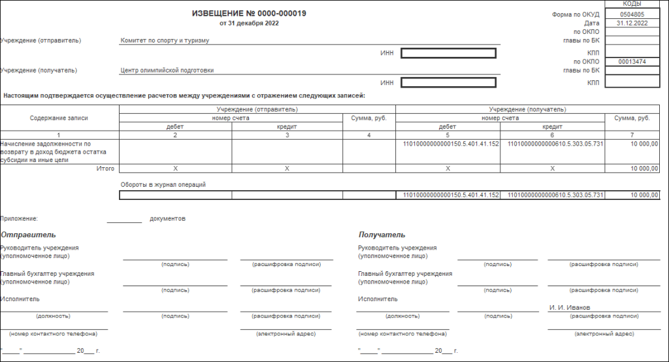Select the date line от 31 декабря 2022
[249, 24]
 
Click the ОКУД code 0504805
[632, 14]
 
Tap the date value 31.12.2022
[632, 23]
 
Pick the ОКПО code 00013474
[632, 61]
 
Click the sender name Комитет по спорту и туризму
[165, 41]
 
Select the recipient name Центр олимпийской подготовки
[167, 71]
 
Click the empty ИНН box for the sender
[449, 53]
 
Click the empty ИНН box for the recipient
[449, 83]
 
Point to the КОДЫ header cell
[632, 4]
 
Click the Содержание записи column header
[59, 118]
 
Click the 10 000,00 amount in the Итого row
[644, 169]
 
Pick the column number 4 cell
[368, 135]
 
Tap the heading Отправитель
[28, 235]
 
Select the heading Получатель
[382, 235]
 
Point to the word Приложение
[19, 219]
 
